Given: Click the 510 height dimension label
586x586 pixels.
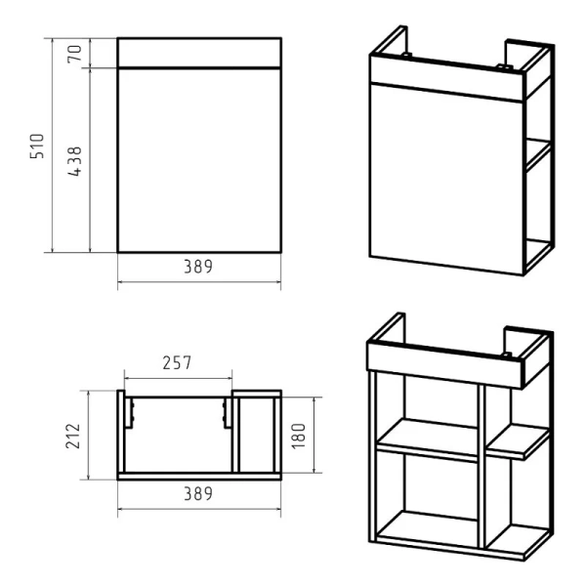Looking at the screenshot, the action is [37, 146].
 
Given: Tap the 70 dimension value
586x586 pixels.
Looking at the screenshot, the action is [74, 54].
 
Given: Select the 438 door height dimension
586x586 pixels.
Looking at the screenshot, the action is [74, 161].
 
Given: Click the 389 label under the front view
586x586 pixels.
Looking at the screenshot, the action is [198, 267].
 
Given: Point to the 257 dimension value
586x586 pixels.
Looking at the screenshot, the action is [177, 362].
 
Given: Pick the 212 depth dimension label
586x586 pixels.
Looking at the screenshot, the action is [73, 436].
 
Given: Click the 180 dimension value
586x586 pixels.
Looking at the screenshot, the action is [299, 436].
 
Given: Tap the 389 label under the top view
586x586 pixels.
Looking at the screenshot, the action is [198, 493].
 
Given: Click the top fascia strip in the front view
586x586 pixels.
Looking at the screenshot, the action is [199, 53].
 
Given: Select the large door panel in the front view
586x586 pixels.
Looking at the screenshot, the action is [199, 161].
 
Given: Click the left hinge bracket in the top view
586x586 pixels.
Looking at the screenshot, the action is [129, 413].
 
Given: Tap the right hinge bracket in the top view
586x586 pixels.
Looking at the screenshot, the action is [227, 413].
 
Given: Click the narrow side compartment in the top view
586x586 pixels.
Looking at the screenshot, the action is [257, 435].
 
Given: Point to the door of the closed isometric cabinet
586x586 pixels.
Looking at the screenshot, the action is [446, 180].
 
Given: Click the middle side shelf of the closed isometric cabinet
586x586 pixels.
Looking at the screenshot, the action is [538, 154].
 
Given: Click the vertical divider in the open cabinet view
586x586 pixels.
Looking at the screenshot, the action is [481, 467].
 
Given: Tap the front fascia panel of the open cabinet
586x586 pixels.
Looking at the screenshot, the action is [444, 365].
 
